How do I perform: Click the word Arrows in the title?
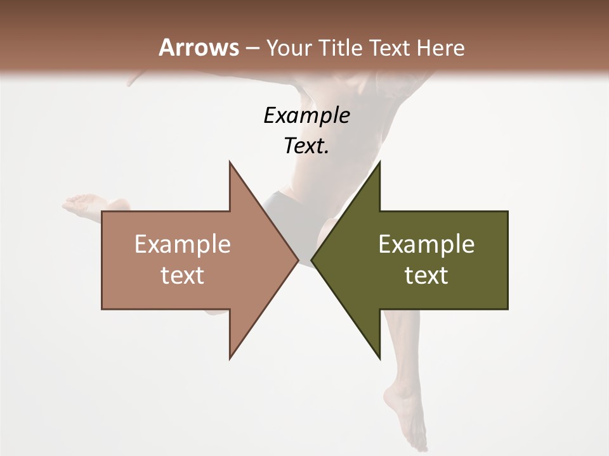[x=199, y=47]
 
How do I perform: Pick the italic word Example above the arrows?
[x=306, y=116]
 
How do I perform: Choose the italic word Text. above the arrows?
[x=306, y=146]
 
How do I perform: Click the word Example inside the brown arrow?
[x=183, y=244]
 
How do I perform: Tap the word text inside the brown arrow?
[x=183, y=275]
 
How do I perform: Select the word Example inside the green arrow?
[x=426, y=244]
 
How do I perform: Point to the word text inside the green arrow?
[x=426, y=275]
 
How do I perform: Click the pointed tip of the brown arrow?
[x=298, y=260]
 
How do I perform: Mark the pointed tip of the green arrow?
[x=312, y=260]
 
